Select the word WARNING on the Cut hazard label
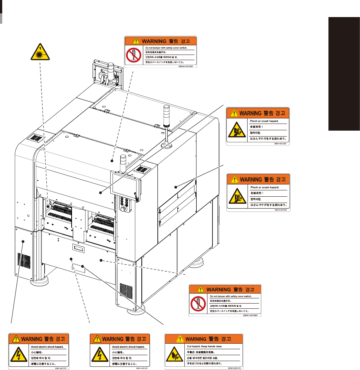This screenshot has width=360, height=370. tap(195, 339)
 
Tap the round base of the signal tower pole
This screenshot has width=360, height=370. tap(166, 145)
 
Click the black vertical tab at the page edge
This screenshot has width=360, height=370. tap(344, 74)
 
